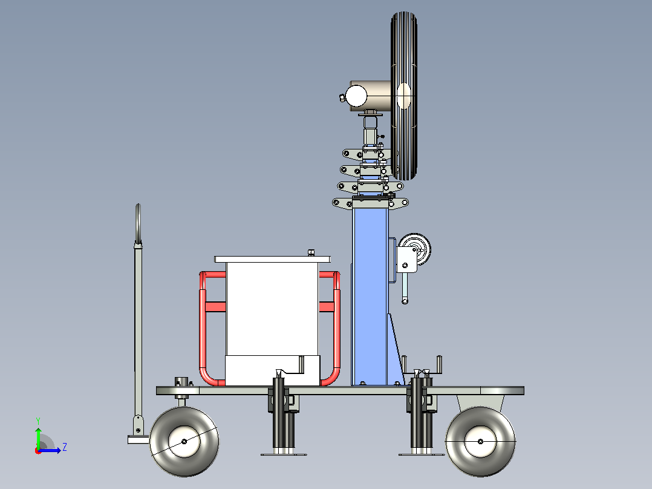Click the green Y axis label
(38, 421)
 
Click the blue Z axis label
(65, 447)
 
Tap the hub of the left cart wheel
(184, 442)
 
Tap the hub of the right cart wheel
(480, 442)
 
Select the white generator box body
(272, 309)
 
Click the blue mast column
(370, 295)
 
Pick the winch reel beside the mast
(416, 249)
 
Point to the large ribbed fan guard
(404, 96)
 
